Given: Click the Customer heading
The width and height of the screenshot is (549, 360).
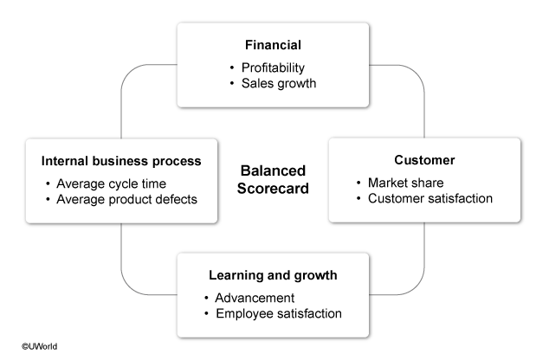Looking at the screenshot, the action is pos(424,160).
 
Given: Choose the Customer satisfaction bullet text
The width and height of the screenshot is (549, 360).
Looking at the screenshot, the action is pos(431,198).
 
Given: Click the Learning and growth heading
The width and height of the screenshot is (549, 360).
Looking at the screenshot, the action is pos(273,275).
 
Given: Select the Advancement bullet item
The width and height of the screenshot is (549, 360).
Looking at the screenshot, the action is pos(256,298).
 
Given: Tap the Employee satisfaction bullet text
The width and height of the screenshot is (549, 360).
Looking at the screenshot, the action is pos(279,313).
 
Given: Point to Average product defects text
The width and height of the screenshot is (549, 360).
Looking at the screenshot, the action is pos(126,198).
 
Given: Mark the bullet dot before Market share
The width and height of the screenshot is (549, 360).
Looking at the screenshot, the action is pos(360,183).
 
